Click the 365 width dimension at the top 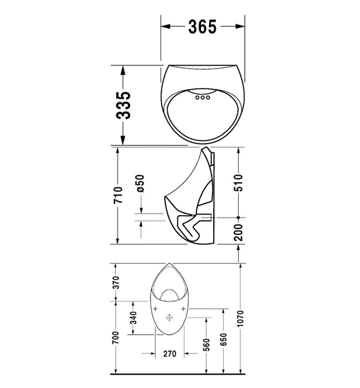coord(202,26)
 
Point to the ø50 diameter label coord(140,183)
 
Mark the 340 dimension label coord(133,320)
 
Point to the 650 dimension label coord(223,340)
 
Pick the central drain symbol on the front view coord(169,318)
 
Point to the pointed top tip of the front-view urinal coord(169,263)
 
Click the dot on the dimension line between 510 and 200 coord(238,217)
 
